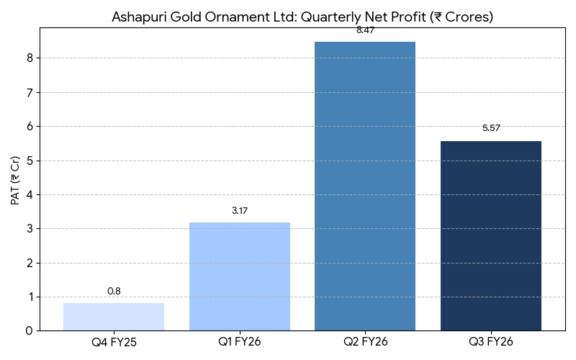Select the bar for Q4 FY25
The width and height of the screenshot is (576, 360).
tap(114, 317)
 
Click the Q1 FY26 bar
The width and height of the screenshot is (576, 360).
tap(240, 276)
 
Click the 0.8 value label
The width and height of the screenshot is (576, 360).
tap(114, 291)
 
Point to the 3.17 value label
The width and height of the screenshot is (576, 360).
tap(240, 210)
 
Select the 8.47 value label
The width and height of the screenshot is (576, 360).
tap(365, 30)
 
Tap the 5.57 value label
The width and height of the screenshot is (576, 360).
tap(491, 128)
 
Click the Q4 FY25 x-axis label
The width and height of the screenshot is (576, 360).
tap(114, 342)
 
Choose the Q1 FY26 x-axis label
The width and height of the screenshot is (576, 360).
tap(240, 342)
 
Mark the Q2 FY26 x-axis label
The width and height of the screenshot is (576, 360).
tap(365, 342)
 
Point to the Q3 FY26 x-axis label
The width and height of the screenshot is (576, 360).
tap(491, 342)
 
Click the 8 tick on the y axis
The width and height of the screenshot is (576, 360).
tap(30, 58)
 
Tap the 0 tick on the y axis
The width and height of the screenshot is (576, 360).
tap(30, 331)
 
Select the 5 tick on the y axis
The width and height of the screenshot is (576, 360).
tap(30, 161)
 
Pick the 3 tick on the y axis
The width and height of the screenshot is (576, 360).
tap(30, 229)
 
